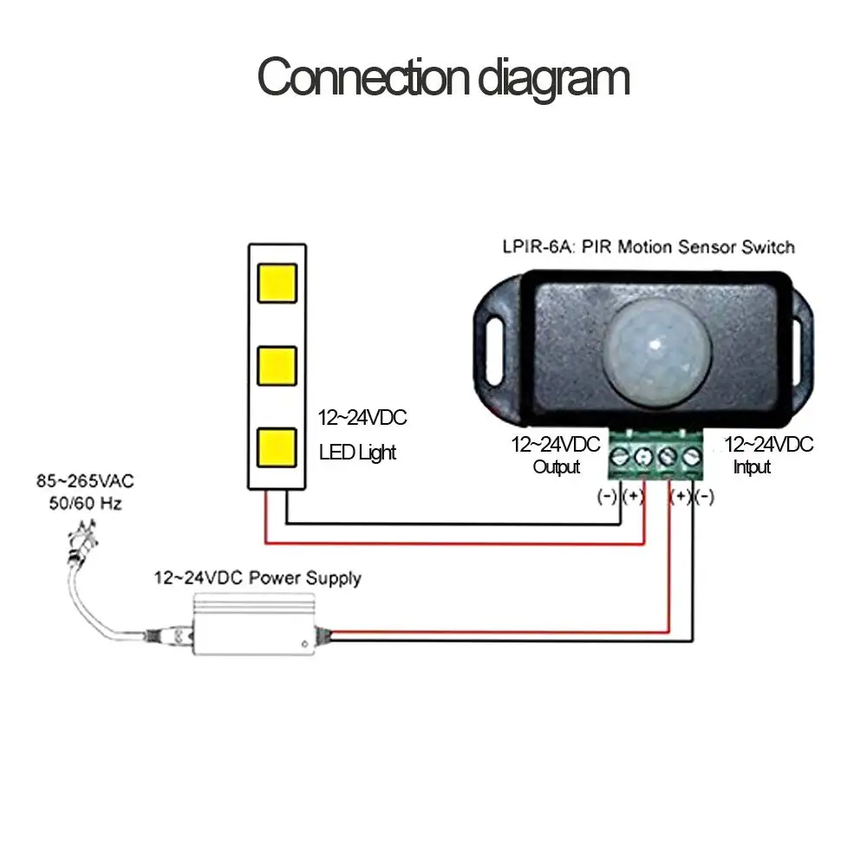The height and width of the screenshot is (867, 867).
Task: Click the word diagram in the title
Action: click(555, 78)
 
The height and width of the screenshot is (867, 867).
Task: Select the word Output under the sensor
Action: click(556, 467)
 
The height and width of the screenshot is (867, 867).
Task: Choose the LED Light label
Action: click(357, 452)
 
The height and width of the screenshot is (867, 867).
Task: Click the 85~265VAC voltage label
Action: click(85, 480)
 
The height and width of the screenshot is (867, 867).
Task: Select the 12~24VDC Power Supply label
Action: click(257, 577)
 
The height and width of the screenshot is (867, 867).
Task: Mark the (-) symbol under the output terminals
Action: click(608, 497)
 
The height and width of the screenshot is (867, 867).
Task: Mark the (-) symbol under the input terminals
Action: click(705, 497)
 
